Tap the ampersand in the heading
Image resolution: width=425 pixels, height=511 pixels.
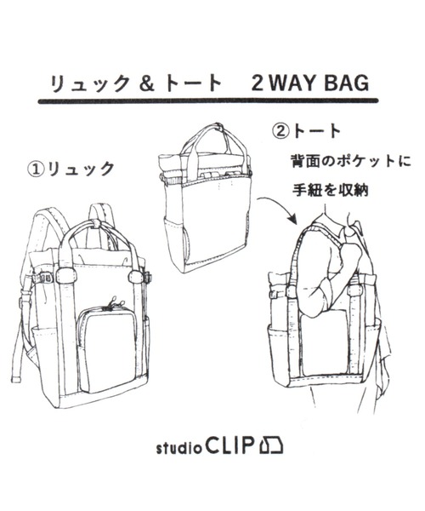point(146,83)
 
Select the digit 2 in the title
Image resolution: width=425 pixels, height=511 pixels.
point(257,83)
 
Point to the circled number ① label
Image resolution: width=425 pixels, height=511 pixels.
point(36,169)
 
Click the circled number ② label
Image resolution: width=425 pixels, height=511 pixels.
point(280,132)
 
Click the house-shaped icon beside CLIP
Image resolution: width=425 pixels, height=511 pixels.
point(271,445)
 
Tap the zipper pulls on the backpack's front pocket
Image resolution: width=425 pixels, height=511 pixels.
point(113,301)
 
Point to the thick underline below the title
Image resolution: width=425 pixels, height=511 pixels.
point(208,101)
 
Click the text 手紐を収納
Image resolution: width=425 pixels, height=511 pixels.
point(330,189)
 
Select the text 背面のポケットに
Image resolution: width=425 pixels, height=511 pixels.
point(350,161)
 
